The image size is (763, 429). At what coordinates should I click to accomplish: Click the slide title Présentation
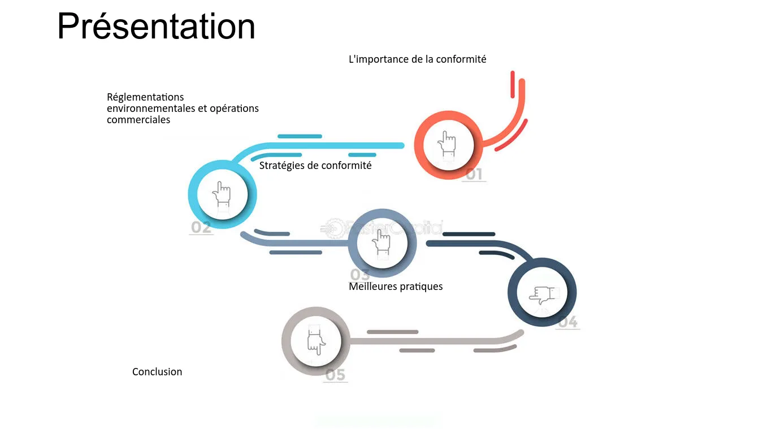[x=156, y=27]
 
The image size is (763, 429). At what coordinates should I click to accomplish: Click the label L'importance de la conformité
[x=417, y=59]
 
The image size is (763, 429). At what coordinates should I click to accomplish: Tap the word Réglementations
[x=145, y=97]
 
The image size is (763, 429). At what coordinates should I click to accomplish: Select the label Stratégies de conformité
[x=315, y=166]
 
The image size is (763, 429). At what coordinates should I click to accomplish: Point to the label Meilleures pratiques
[x=396, y=287]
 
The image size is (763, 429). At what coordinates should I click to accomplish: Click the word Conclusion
[x=157, y=372]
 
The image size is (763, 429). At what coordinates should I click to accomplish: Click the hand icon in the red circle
[x=448, y=144]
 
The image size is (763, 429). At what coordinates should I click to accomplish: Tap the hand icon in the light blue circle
[x=222, y=194]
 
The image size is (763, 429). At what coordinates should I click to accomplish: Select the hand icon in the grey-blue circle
[x=382, y=242]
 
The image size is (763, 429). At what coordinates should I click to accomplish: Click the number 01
[x=474, y=174]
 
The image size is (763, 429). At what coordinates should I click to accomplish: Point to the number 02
[x=201, y=228]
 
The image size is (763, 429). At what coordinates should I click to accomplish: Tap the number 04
[x=567, y=322]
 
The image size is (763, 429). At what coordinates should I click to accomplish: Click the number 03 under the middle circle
[x=359, y=275]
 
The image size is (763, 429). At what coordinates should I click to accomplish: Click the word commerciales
[x=138, y=120]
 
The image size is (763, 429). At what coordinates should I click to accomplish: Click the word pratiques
[x=421, y=287]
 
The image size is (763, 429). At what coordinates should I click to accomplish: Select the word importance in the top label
[x=380, y=59]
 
